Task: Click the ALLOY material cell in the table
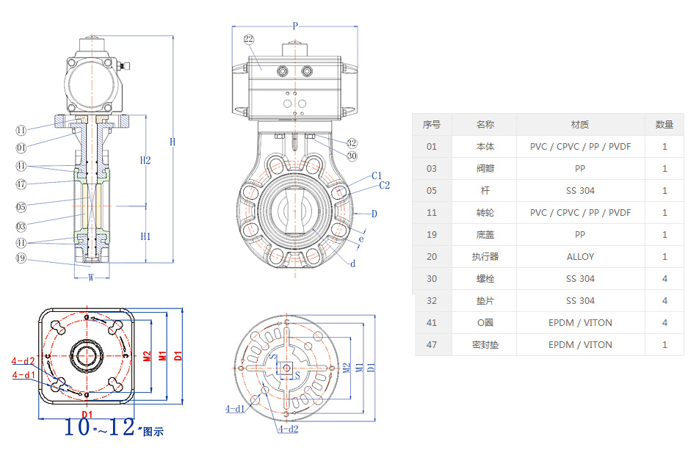(x=580, y=256)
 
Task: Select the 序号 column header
(x=431, y=124)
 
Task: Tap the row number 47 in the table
(x=431, y=344)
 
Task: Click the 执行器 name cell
(x=485, y=256)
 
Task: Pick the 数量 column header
(x=664, y=124)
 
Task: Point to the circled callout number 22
(x=249, y=39)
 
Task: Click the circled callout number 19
(x=21, y=258)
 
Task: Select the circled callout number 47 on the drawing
(x=21, y=184)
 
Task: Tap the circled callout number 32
(x=352, y=143)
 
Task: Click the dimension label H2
(x=145, y=160)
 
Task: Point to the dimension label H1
(x=145, y=236)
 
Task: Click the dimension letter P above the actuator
(x=295, y=26)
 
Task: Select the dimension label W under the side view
(x=91, y=277)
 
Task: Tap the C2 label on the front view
(x=384, y=185)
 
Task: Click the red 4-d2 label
(x=23, y=360)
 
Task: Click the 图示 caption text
(x=153, y=432)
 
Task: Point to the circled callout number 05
(x=21, y=207)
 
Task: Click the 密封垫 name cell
(x=485, y=344)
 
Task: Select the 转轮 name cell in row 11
(x=485, y=212)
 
